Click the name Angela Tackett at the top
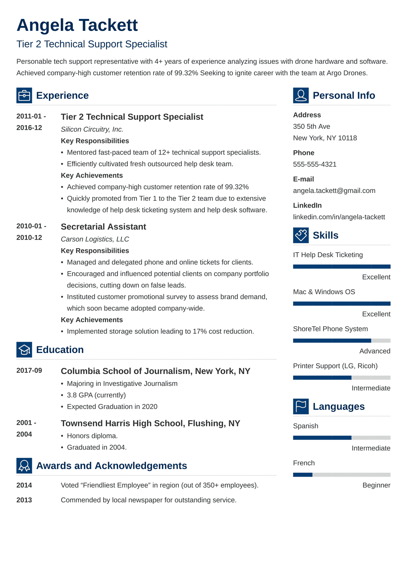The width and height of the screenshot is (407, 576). pos(77,25)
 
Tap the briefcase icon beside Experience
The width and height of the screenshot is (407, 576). pos(24,95)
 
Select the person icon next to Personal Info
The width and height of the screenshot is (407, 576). pos(301,95)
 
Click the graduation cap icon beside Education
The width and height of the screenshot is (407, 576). pos(24,350)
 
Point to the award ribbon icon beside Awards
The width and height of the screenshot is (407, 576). pos(24,466)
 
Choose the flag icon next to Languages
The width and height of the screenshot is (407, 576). pos(301,406)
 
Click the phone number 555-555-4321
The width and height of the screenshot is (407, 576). pos(314,164)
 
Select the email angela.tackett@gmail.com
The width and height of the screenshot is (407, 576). pos(334,190)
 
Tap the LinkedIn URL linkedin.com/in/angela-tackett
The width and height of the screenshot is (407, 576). pos(339,217)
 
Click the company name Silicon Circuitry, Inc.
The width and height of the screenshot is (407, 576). pos(92,129)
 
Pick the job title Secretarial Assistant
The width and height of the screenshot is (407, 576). pos(103,227)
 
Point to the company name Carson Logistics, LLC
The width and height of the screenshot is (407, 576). pos(95,239)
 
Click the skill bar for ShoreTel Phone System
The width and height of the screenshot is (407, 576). pos(342,341)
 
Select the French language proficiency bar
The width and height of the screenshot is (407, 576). pos(342,475)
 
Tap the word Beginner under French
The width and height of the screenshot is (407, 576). pos(376,485)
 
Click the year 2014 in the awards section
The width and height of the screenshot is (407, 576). pos(24,485)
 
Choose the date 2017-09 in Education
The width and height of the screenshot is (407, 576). pos(29,370)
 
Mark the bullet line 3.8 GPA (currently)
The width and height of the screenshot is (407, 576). pos(96,395)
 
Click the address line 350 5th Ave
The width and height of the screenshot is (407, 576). pos(311,126)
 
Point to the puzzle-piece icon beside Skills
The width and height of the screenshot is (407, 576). pos(301,235)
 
